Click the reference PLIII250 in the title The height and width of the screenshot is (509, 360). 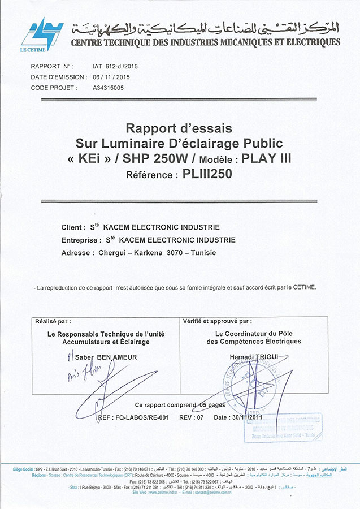(x=208, y=175)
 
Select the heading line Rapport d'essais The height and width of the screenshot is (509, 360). (x=179, y=129)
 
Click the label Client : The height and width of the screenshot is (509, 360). (x=73, y=227)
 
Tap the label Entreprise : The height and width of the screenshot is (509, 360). (x=81, y=240)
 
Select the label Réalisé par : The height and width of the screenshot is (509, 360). (x=53, y=321)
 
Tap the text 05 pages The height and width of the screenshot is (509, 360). (x=212, y=405)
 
